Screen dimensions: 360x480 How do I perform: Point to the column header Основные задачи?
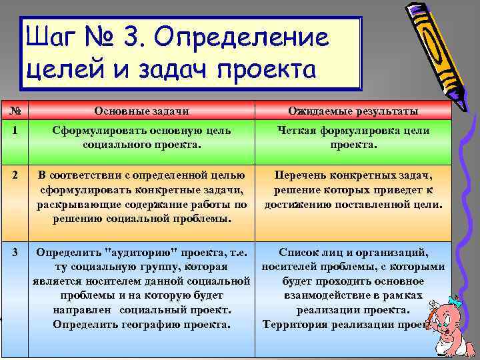(x=141, y=111)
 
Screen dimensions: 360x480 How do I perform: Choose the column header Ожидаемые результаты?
(x=353, y=111)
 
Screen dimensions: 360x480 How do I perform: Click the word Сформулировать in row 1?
(x=95, y=131)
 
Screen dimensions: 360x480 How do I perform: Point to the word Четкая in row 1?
(x=298, y=131)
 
